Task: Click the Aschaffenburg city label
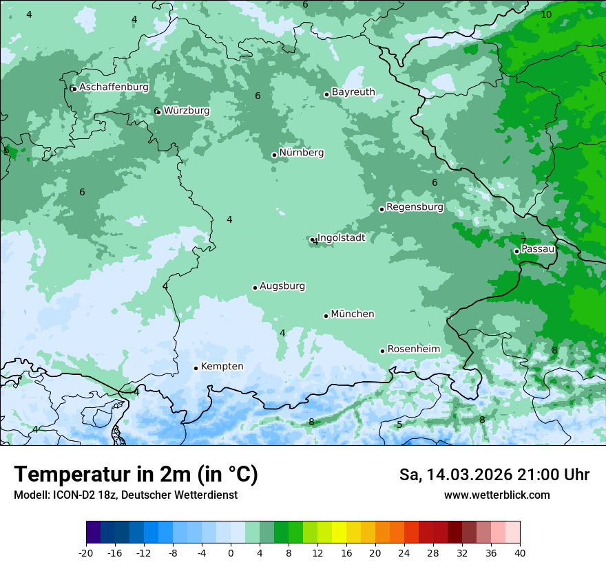click(114, 87)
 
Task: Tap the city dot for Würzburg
click(158, 111)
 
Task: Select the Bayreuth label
click(353, 92)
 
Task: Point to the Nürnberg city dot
click(274, 155)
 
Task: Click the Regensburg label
click(415, 207)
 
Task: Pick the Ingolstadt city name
click(341, 238)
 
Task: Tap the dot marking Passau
click(516, 251)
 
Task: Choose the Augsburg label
click(282, 286)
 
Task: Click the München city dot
click(326, 316)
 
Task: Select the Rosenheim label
click(413, 349)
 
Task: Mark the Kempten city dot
click(196, 368)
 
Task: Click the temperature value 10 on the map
click(546, 14)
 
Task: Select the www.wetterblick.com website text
click(497, 495)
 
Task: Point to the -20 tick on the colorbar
click(86, 553)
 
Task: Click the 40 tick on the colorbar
click(519, 553)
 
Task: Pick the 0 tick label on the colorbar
click(231, 553)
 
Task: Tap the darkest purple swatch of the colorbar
click(94, 532)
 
